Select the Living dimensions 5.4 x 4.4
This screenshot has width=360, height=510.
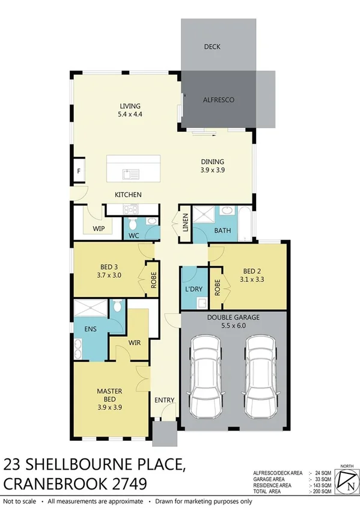(x=129, y=114)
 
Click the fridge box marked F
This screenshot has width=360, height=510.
(x=78, y=171)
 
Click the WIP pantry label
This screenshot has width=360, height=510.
(x=99, y=229)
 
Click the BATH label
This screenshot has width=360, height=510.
(x=223, y=230)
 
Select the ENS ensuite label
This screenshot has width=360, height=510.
(x=90, y=330)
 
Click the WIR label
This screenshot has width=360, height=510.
(x=135, y=343)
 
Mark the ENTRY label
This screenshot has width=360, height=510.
(x=164, y=401)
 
